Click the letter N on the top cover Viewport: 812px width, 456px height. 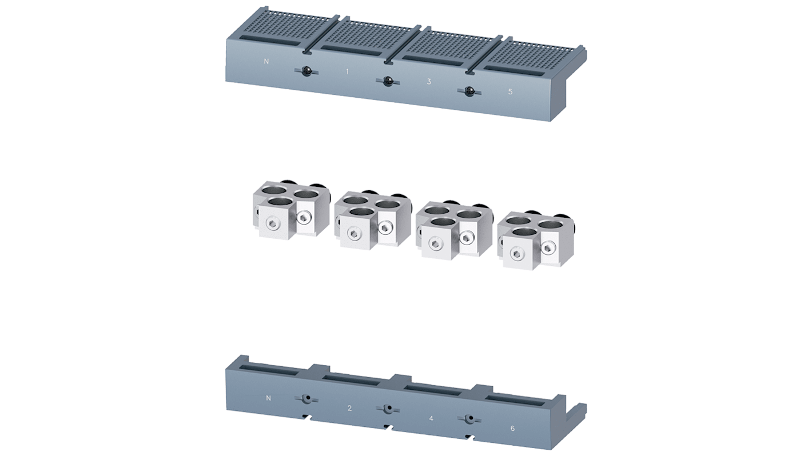266,62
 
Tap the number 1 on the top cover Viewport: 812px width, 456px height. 347,71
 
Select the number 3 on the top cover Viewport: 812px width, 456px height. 429,82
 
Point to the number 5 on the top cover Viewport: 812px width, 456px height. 511,91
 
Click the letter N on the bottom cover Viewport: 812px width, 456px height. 268,398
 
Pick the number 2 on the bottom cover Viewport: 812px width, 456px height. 349,408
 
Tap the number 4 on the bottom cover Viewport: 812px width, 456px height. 431,418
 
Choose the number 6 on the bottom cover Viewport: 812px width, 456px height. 512,429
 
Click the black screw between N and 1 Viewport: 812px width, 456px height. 307,71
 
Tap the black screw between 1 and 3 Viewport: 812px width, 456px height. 388,81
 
